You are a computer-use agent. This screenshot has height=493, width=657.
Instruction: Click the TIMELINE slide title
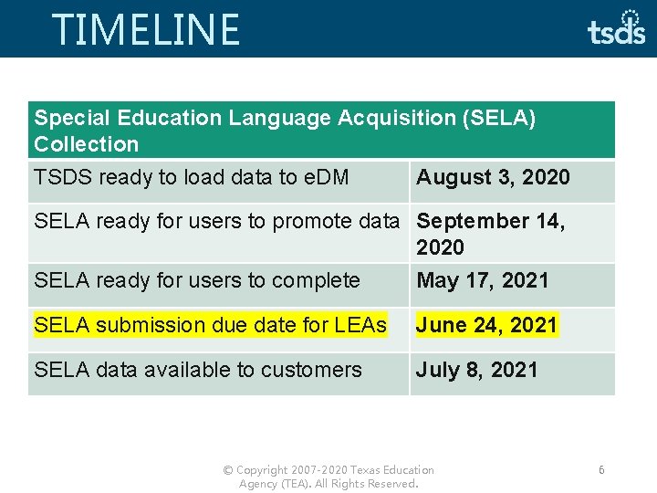[x=146, y=29]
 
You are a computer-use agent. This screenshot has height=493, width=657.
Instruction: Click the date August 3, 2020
[x=493, y=177]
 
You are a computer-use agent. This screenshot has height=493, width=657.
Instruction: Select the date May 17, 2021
[x=483, y=281]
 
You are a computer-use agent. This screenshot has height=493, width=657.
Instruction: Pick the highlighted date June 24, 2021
[x=487, y=325]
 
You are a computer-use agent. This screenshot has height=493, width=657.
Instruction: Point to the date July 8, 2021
[x=477, y=370]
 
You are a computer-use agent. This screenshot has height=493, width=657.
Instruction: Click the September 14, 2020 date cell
[x=491, y=234]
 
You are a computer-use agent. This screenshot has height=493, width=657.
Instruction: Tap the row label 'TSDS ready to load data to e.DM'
[x=192, y=177]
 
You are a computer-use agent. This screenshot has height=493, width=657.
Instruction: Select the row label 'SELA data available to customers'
[x=198, y=370]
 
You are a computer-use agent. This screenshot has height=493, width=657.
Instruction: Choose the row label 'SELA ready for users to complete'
[x=197, y=281]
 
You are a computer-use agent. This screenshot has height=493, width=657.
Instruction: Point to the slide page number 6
[x=601, y=469]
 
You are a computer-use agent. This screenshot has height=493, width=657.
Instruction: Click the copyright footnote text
[x=328, y=477]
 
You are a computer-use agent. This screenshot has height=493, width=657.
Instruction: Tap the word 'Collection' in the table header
[x=87, y=144]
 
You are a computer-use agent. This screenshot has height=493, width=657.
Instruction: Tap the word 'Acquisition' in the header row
[x=395, y=118]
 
